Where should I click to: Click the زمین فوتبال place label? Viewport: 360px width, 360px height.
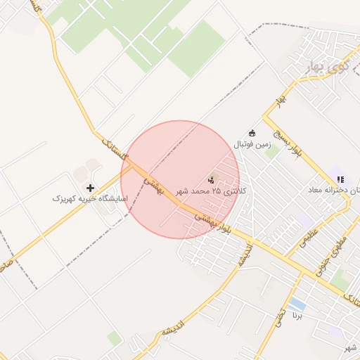point(252,145)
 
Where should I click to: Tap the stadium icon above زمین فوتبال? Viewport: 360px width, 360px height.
point(252,134)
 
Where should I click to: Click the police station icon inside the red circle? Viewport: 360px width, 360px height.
point(212,178)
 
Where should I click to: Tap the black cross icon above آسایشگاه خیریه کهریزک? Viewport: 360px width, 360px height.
point(90,188)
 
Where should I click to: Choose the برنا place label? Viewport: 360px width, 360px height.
point(298,317)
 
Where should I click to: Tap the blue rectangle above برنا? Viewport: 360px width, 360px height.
point(297,304)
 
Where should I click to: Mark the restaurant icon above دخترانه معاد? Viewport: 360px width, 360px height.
point(341,179)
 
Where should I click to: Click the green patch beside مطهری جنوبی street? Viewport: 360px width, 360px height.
point(340,281)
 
